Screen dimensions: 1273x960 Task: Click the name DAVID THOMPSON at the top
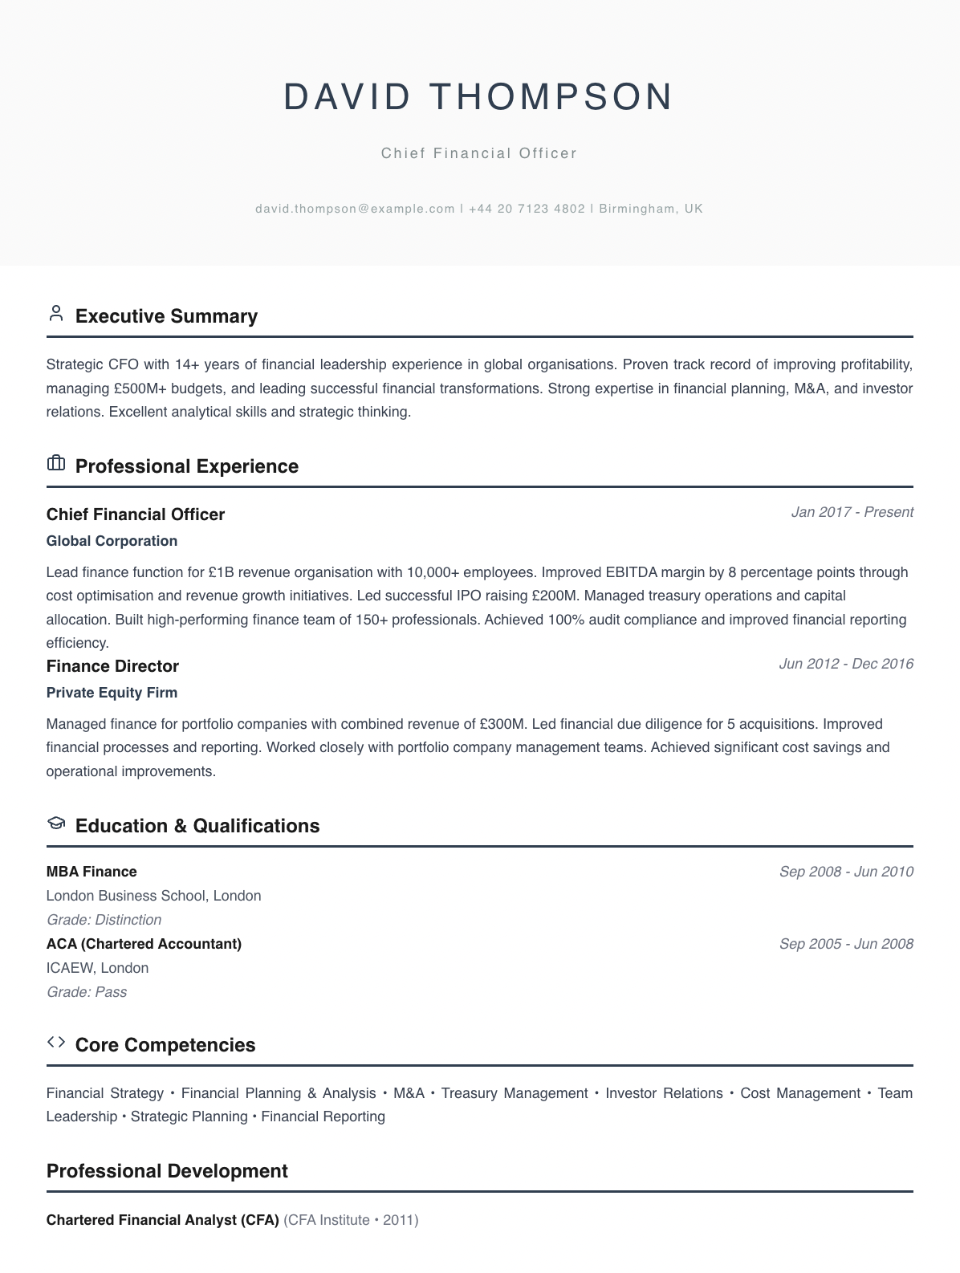click(x=479, y=97)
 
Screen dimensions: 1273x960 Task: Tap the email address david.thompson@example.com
click(x=355, y=209)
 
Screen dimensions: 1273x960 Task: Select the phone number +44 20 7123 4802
click(x=527, y=209)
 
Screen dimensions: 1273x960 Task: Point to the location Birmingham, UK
click(x=651, y=209)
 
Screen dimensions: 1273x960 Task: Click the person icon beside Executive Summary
click(x=56, y=314)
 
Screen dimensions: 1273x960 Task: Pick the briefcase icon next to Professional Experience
click(x=56, y=463)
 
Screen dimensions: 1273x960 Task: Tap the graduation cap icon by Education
click(x=56, y=823)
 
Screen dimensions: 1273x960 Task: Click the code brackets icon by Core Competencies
click(x=56, y=1042)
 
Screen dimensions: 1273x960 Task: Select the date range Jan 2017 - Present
click(x=852, y=512)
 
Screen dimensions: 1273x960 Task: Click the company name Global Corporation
click(x=112, y=541)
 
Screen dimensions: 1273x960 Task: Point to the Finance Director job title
click(x=112, y=666)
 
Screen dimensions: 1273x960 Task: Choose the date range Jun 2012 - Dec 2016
click(x=846, y=664)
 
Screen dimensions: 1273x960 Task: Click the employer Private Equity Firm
click(x=112, y=693)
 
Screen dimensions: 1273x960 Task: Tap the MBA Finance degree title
click(x=92, y=872)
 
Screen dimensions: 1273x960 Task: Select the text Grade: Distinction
click(x=104, y=920)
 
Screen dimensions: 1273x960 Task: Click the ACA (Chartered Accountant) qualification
click(x=144, y=944)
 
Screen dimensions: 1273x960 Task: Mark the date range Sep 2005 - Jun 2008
click(x=846, y=944)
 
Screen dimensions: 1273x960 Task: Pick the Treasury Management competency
click(x=514, y=1093)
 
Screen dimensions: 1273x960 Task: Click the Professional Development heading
click(x=167, y=1171)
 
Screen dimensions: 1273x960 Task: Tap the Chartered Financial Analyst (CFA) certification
click(x=163, y=1220)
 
